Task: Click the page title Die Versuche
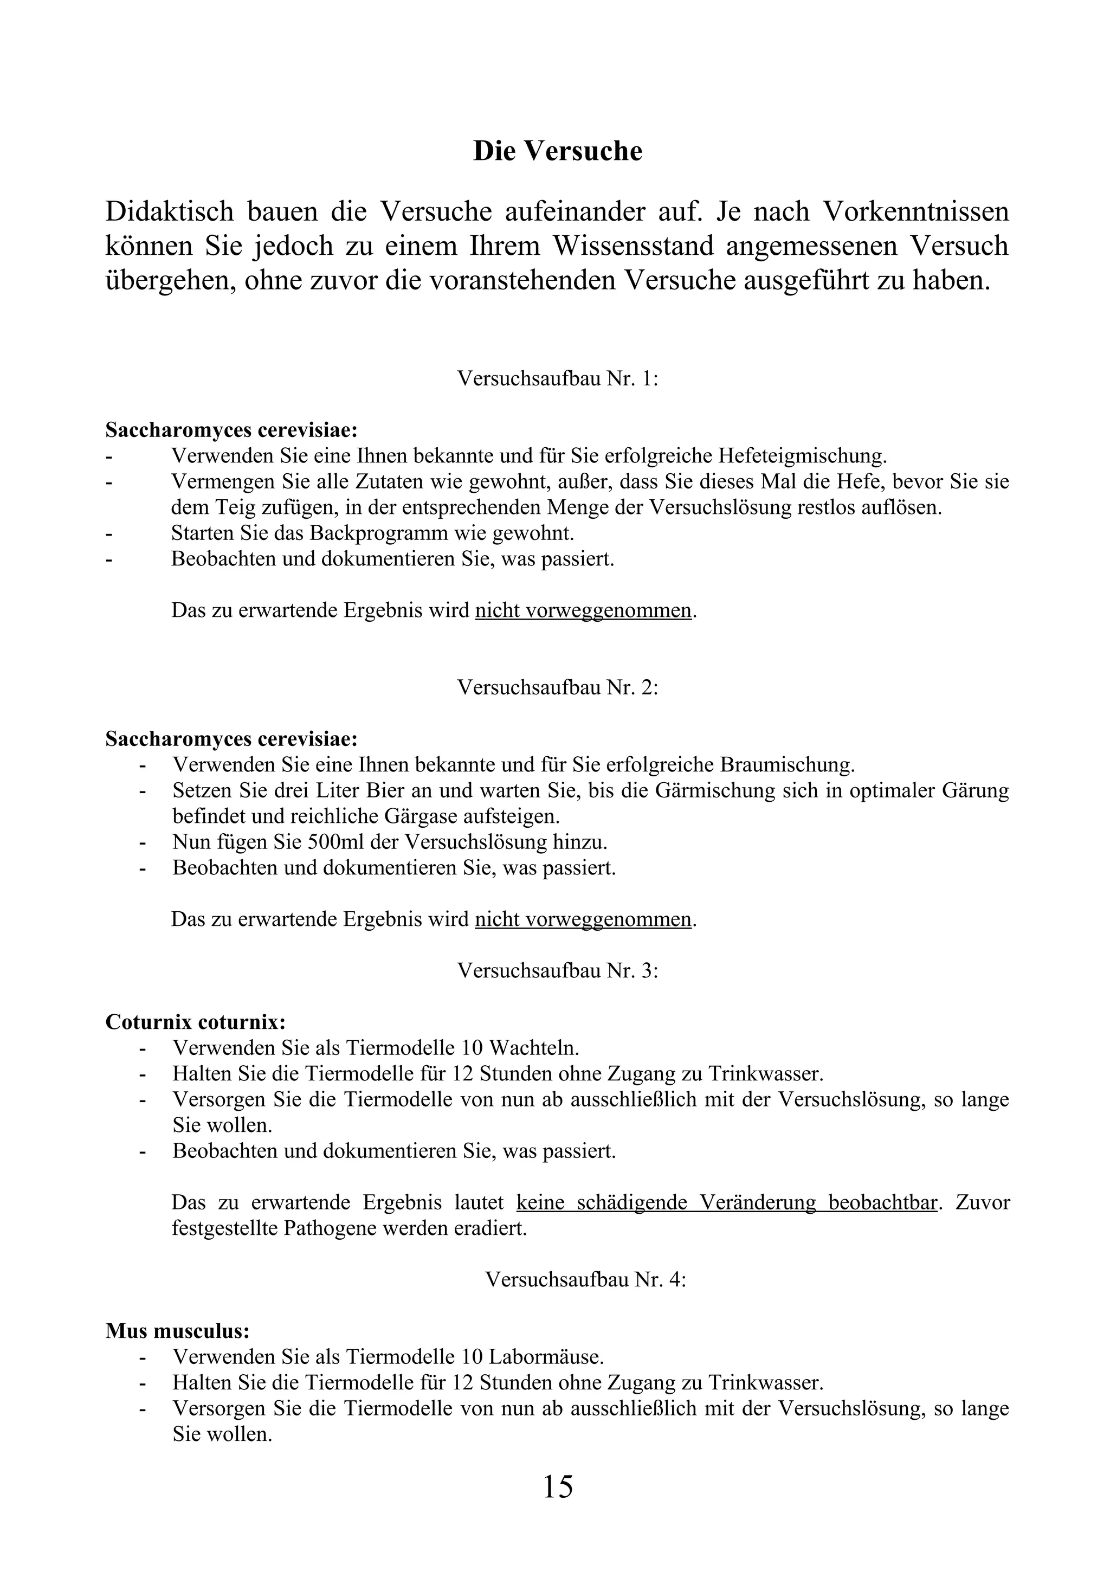coord(557,151)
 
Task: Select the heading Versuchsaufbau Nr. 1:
coord(557,378)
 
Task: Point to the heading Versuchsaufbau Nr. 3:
coord(557,970)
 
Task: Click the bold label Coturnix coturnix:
coord(196,1022)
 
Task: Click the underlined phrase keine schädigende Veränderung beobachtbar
coord(726,1202)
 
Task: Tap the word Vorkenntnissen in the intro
coord(914,211)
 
